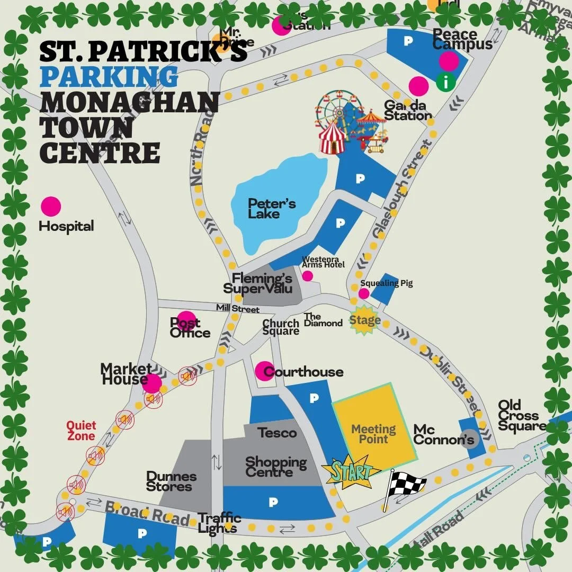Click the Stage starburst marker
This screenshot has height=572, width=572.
click(364, 320)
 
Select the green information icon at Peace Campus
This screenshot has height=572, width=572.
click(446, 82)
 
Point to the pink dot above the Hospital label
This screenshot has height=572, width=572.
click(51, 207)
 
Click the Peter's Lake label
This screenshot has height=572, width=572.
click(272, 209)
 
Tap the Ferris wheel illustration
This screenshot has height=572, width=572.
click(335, 110)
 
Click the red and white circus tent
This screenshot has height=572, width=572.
click(332, 137)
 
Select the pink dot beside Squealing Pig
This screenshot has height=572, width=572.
click(364, 293)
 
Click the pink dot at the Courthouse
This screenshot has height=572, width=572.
click(264, 371)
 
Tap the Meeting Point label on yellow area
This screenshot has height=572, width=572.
click(374, 434)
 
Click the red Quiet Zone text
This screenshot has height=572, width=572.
click(81, 431)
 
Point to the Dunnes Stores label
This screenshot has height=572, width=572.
click(172, 481)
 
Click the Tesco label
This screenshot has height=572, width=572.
click(277, 433)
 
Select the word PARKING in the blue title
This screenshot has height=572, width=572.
click(109, 76)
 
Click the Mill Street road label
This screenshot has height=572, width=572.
click(237, 309)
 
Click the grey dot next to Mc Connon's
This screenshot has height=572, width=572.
click(469, 440)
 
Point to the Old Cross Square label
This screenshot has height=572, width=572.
click(521, 416)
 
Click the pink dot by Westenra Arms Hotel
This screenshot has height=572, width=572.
click(307, 276)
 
